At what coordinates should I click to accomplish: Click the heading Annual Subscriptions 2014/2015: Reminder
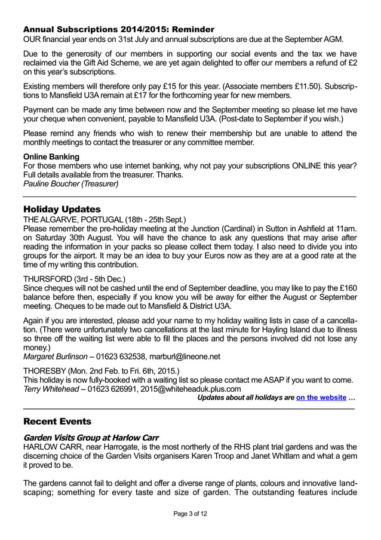(x=118, y=29)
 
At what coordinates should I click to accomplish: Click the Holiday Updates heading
(x=62, y=209)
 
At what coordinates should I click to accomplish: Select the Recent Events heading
(x=57, y=421)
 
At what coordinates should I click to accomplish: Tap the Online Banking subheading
(x=51, y=157)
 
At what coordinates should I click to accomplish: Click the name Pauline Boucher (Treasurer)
(x=70, y=184)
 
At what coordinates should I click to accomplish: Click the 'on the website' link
(x=322, y=397)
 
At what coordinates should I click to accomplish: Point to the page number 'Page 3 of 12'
(x=190, y=513)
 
